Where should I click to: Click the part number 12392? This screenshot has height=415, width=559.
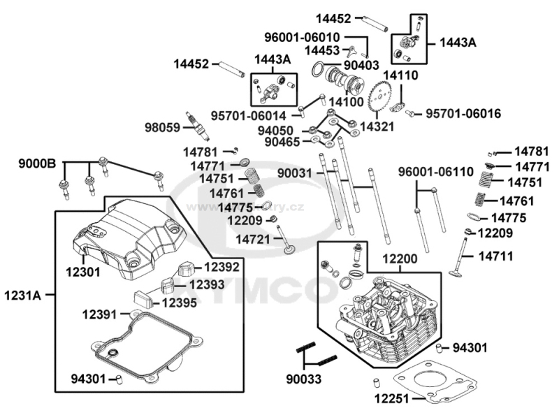(x=222, y=267)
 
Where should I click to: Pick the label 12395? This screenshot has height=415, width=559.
(x=180, y=303)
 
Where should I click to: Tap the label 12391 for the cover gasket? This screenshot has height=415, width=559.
(x=100, y=314)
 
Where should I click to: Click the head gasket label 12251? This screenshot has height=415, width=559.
(x=391, y=399)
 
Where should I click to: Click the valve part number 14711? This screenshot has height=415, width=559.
(x=495, y=256)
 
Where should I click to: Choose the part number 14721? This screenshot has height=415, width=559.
(x=253, y=239)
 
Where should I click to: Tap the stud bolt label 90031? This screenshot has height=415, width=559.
(x=297, y=172)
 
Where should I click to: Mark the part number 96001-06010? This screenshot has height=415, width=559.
(x=322, y=37)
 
